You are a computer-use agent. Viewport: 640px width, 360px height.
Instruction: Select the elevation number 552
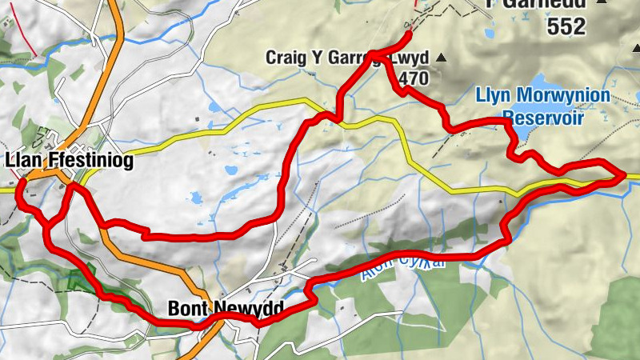click(x=566, y=27)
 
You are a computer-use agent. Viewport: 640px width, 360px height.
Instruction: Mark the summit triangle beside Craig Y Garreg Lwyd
click(x=438, y=58)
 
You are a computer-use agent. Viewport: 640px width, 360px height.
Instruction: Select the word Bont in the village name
click(x=187, y=308)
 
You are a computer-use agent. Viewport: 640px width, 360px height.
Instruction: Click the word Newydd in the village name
click(x=238, y=308)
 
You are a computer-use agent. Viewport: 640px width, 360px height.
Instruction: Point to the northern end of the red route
click(x=408, y=34)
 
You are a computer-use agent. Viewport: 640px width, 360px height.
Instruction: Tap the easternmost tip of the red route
click(x=622, y=174)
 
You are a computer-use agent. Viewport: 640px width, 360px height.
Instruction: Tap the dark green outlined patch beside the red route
click(x=81, y=280)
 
